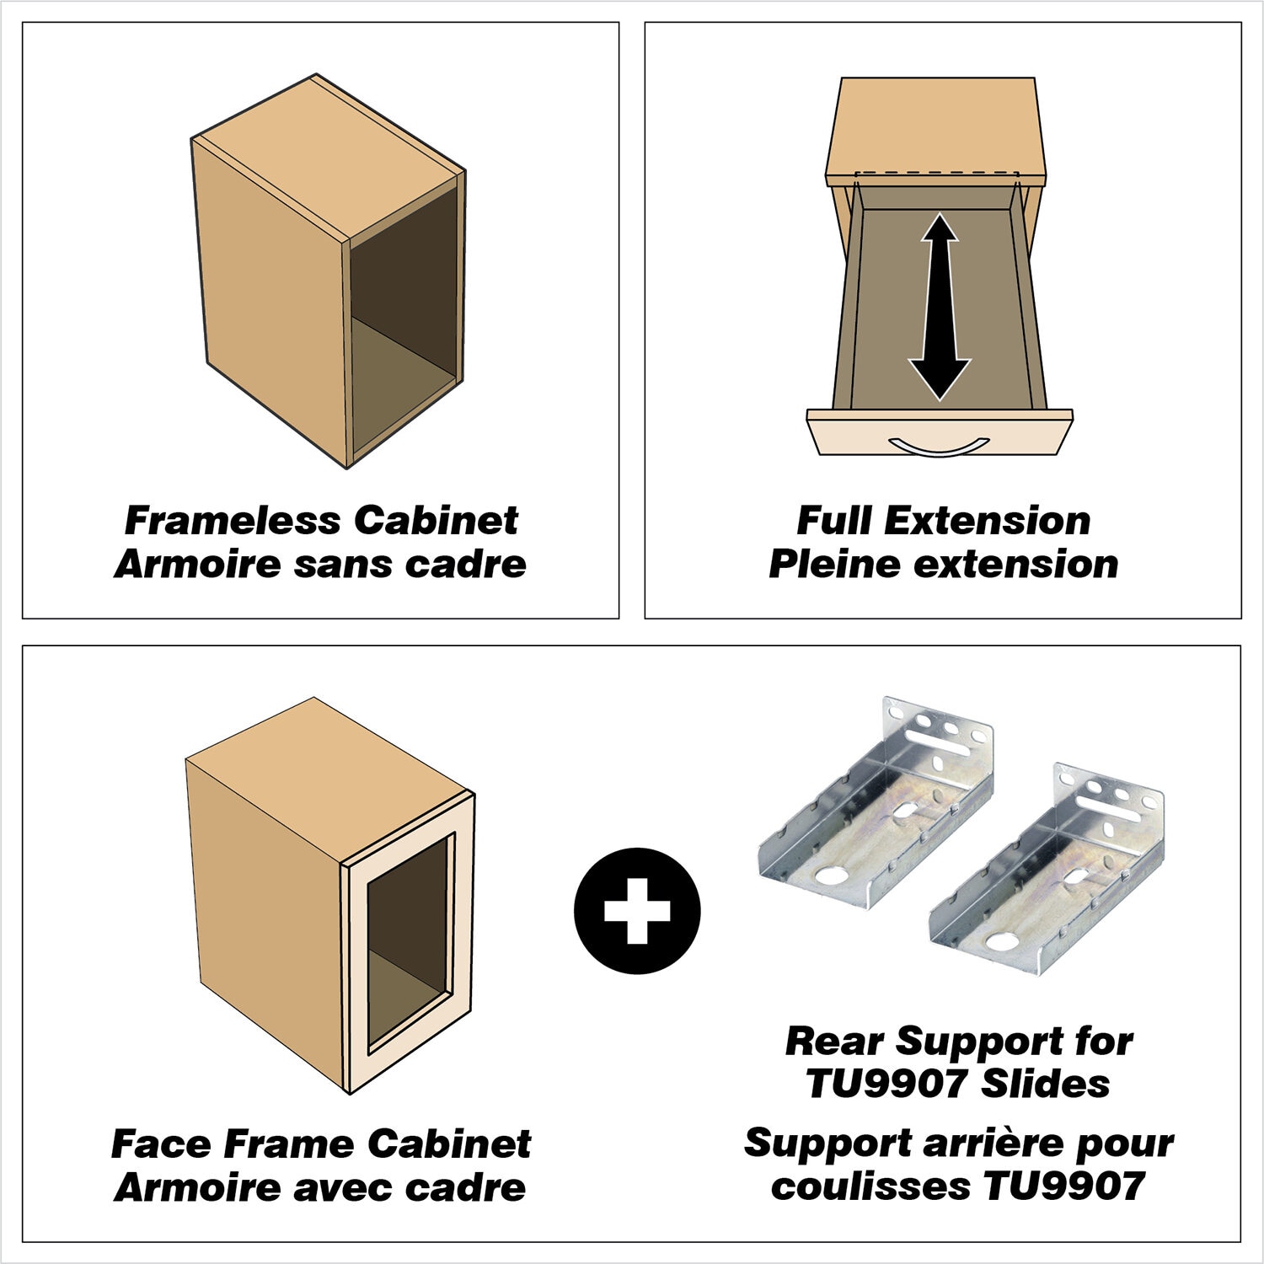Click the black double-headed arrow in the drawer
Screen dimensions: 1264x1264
(x=940, y=307)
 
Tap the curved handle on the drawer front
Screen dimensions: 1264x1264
(x=940, y=446)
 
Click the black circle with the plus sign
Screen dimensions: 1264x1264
(x=637, y=911)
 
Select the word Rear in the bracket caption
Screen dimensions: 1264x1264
(x=835, y=1042)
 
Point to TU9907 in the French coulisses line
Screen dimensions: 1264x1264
(x=1063, y=1186)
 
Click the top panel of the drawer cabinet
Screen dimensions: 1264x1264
(x=936, y=131)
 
